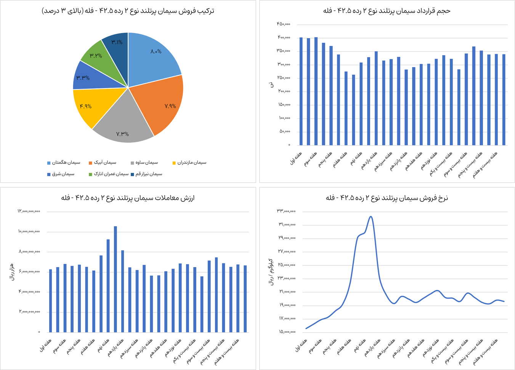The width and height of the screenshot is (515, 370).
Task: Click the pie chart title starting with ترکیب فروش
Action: click(x=128, y=11)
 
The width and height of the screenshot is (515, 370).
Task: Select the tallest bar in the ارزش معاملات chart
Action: click(x=115, y=279)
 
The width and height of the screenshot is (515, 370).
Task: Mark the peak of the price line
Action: click(x=371, y=217)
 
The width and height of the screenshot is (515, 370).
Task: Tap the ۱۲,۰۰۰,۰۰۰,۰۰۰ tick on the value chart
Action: click(x=29, y=211)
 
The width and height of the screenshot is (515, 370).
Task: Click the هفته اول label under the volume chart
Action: click(x=296, y=159)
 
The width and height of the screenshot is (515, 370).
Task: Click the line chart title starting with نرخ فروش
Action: click(x=387, y=198)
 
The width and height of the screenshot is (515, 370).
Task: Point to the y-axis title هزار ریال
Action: click(x=11, y=271)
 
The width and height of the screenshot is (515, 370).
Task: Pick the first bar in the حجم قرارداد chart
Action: click(x=301, y=91)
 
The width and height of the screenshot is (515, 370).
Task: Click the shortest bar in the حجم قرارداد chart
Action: click(x=353, y=110)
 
